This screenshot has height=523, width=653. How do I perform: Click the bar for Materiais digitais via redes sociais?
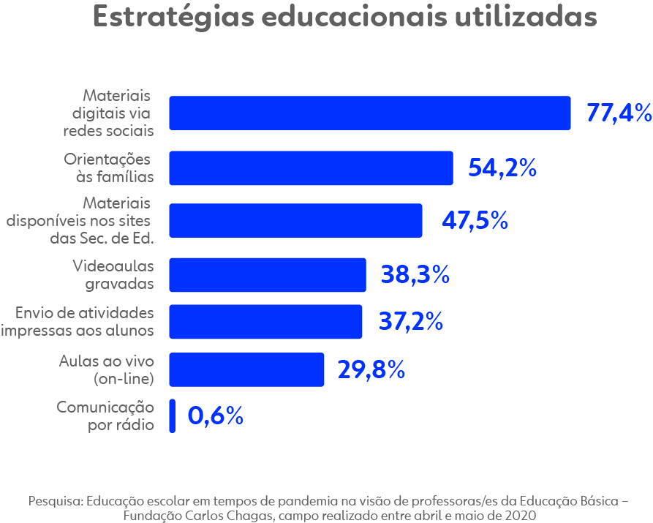(369, 113)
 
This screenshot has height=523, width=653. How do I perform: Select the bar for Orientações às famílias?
(311, 168)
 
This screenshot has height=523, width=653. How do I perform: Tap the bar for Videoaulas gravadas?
(268, 274)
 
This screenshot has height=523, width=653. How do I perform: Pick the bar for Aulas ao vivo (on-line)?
(246, 369)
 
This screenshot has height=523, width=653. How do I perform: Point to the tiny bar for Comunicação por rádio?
(173, 415)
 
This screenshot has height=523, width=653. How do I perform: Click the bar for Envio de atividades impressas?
(265, 321)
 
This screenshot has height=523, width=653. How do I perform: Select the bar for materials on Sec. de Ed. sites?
(295, 220)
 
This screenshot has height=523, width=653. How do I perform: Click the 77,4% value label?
(618, 113)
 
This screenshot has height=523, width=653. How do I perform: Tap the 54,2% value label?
(502, 168)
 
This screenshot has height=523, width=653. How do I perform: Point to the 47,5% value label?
(475, 221)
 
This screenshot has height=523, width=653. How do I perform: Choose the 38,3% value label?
(415, 275)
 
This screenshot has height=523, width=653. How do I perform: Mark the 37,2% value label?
(410, 322)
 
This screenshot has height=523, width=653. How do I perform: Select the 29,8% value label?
(371, 370)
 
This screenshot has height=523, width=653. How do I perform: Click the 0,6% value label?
(215, 416)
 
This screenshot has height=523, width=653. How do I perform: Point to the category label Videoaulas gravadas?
(113, 274)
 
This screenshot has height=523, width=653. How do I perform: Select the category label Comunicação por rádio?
(106, 415)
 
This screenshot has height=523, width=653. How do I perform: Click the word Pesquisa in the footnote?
(56, 502)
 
